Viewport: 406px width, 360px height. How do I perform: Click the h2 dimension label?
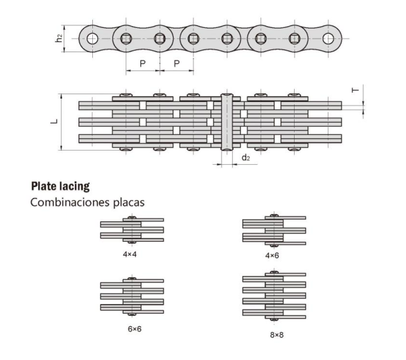(59, 38)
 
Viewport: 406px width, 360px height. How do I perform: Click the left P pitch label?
(143, 64)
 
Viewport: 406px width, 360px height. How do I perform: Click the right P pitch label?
(176, 64)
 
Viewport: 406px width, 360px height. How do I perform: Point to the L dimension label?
(54, 121)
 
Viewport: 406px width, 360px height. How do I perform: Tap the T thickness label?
(355, 90)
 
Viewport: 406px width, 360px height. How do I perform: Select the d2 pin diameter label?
(246, 157)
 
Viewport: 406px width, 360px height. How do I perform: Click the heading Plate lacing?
(60, 186)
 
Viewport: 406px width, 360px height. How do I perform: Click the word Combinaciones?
(70, 202)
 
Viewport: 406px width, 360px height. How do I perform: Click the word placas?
(129, 203)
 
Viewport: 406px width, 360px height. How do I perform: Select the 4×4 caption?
(130, 254)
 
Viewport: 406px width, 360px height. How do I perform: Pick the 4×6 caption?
(272, 256)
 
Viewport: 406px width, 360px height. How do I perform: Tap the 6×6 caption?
(135, 329)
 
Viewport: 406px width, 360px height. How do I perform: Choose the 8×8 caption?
(277, 335)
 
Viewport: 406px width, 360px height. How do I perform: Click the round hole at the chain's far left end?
(92, 39)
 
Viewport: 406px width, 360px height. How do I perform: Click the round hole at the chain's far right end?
(328, 39)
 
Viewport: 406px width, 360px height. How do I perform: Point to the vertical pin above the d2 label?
(227, 122)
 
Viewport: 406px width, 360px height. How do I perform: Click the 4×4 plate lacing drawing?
(132, 230)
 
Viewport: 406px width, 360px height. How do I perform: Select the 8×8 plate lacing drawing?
(274, 296)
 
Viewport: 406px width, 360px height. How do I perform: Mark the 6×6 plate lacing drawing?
(132, 296)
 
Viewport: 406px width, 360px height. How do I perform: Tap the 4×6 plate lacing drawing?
(274, 230)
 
